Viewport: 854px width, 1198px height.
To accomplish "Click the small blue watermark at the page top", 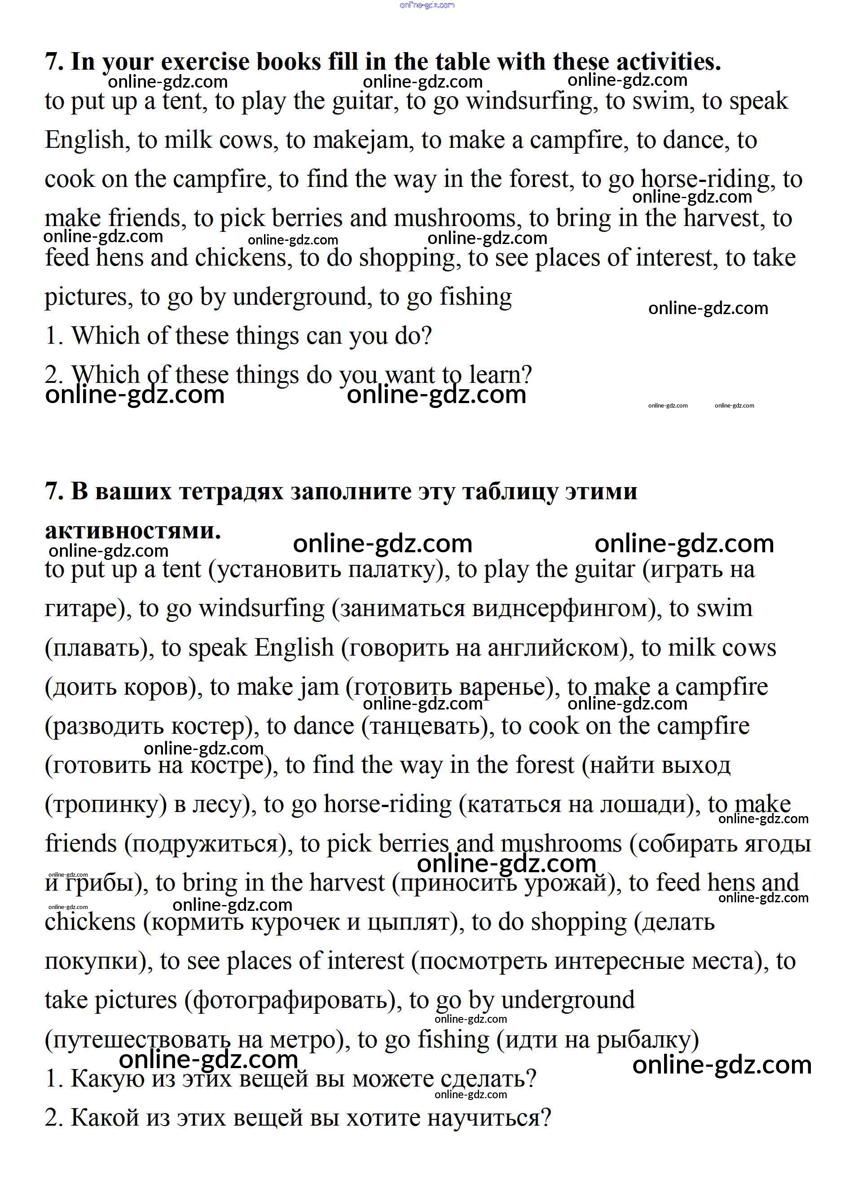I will point(427,5).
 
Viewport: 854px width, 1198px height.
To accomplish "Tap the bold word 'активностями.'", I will point(132,530).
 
